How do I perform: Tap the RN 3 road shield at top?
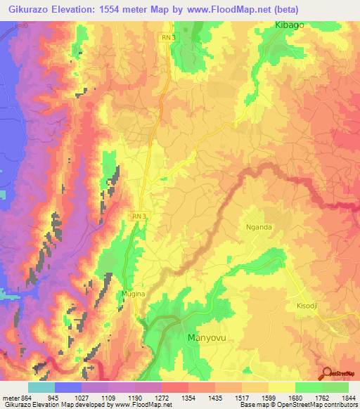coord(165,37)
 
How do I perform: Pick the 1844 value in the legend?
coord(348,398)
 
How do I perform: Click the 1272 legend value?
coord(148,398)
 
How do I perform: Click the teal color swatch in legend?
coord(41,387)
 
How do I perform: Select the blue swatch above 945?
coord(67,387)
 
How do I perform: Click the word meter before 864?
coord(10,398)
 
